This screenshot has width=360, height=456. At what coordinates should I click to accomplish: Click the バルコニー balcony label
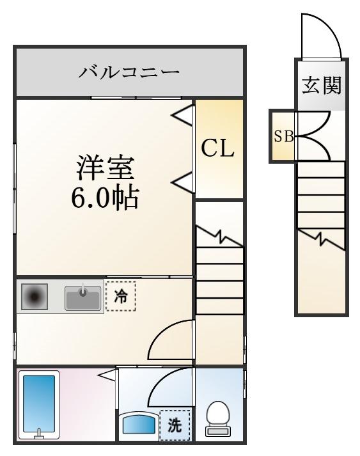(x=129, y=72)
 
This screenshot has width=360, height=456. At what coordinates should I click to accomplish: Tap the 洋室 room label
(x=106, y=168)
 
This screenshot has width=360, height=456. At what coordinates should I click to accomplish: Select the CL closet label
(x=218, y=148)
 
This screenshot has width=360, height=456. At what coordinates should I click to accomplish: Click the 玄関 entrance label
(x=322, y=85)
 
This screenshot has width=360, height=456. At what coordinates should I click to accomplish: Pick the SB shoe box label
(x=283, y=136)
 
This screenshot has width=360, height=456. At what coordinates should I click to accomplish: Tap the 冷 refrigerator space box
(x=121, y=296)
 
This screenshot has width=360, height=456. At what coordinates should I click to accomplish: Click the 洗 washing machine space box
(x=175, y=425)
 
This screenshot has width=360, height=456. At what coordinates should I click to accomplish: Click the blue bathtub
(x=39, y=404)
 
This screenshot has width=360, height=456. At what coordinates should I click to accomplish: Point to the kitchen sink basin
(x=83, y=297)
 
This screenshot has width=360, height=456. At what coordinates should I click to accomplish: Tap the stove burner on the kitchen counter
(x=35, y=296)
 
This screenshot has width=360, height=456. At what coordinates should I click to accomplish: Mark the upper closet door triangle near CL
(x=183, y=116)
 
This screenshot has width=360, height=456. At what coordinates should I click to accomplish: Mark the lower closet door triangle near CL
(x=183, y=183)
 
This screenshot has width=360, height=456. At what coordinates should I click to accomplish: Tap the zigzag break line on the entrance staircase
(x=322, y=239)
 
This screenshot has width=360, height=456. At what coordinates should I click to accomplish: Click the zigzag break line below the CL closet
(x=220, y=236)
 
